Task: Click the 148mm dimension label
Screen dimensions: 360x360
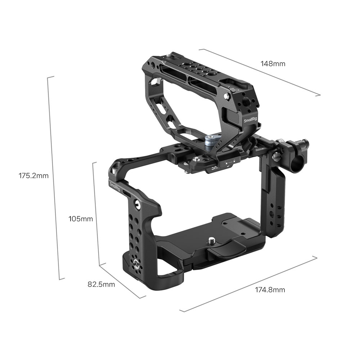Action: pyautogui.click(x=273, y=64)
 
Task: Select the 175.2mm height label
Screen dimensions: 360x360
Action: pyautogui.click(x=33, y=176)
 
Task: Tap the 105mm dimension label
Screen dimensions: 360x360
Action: pyautogui.click(x=81, y=219)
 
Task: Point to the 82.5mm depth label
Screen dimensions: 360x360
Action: pyautogui.click(x=101, y=284)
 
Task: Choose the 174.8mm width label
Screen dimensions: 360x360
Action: pyautogui.click(x=270, y=290)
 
